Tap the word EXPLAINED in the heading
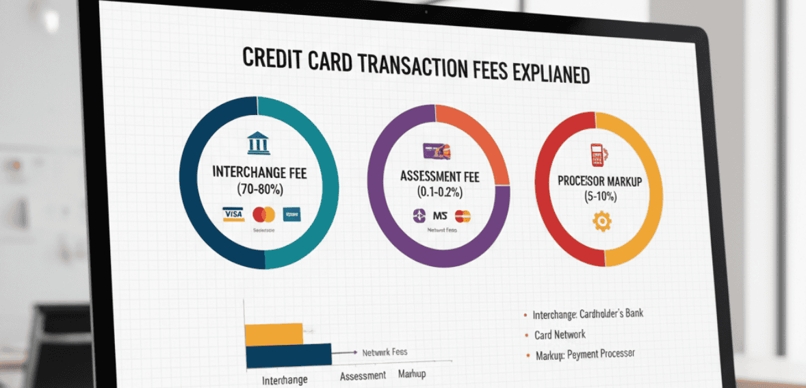coord(541,73)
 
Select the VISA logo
coord(233,215)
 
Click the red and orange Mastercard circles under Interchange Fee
coord(263,215)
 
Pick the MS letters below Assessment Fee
coord(440,216)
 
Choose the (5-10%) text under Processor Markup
coord(599,196)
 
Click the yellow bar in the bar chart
coord(274,334)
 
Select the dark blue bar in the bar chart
coord(288,354)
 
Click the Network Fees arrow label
coord(385,352)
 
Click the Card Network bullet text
coord(560,335)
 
